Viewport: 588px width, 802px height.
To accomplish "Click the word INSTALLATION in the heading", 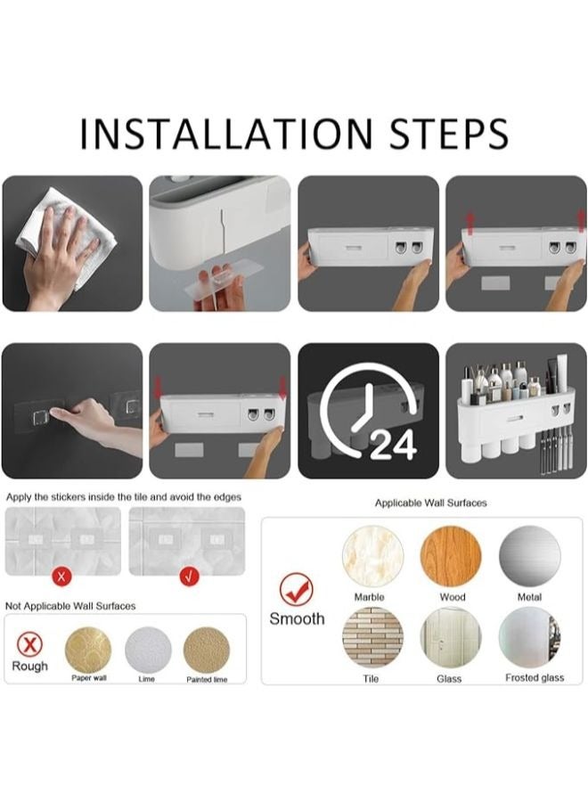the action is click(226, 134).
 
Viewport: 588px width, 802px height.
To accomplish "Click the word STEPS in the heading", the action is click(449, 134).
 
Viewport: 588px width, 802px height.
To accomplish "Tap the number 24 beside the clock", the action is click(393, 445).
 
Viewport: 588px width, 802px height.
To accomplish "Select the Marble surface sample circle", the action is click(372, 555).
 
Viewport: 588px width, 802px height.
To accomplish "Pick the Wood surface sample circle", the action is click(451, 555).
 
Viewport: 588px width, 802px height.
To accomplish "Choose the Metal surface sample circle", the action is click(530, 555).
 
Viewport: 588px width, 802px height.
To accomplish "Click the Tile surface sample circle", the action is click(372, 637).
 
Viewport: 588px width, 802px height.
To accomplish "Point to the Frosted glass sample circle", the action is click(530, 637).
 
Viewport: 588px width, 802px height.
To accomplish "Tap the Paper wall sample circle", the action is click(88, 650).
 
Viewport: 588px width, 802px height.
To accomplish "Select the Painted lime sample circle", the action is click(207, 650).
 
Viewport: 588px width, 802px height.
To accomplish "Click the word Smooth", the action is click(297, 619).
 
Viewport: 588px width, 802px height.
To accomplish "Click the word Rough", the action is click(29, 666).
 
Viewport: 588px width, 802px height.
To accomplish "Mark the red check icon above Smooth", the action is click(297, 590).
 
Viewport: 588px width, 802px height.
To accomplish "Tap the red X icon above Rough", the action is click(29, 644).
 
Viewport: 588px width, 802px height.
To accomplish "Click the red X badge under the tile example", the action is click(61, 577).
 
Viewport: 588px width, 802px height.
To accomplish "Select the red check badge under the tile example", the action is click(189, 577).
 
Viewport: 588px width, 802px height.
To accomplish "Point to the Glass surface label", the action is click(449, 679).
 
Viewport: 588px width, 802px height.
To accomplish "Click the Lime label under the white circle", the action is click(147, 679).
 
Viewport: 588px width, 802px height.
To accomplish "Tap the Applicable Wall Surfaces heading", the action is click(431, 503).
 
